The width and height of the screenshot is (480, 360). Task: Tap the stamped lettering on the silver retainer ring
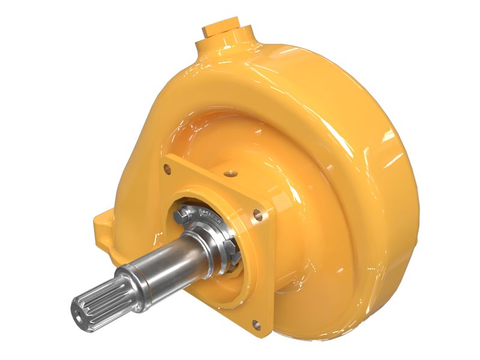[x=211, y=215]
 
